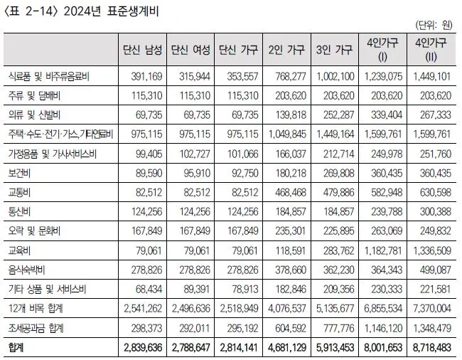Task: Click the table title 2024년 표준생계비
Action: [111, 12]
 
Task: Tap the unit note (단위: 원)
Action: [434, 26]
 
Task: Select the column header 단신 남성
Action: [142, 50]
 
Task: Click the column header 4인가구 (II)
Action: [431, 50]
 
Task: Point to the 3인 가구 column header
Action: [335, 50]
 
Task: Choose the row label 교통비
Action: [19, 193]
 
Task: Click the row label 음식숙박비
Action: [26, 270]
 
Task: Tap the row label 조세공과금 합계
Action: [36, 328]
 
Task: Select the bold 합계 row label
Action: [16, 348]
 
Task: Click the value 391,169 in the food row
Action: [146, 77]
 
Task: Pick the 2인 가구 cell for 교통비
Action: [291, 193]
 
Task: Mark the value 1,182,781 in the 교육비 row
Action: [383, 250]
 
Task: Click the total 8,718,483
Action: [431, 348]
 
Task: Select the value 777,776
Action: [338, 328]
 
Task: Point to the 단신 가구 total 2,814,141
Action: [239, 348]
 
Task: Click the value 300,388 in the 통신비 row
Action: [436, 212]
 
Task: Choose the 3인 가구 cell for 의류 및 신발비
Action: [338, 115]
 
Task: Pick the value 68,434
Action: [149, 290]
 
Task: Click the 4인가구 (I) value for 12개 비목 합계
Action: [383, 308]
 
